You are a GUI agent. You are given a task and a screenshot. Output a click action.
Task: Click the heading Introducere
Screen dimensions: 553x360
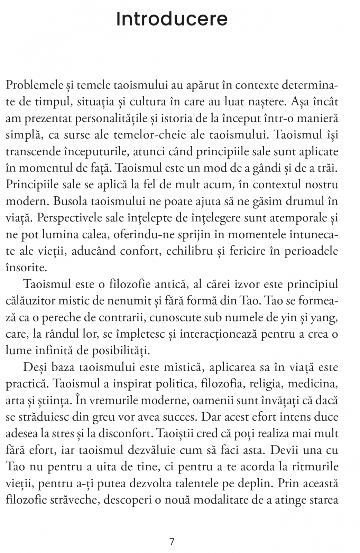(x=172, y=19)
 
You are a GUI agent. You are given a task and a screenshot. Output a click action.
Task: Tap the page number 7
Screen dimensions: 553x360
(x=172, y=541)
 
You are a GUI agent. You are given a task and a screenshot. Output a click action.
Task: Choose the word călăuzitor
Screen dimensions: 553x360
(x=30, y=301)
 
